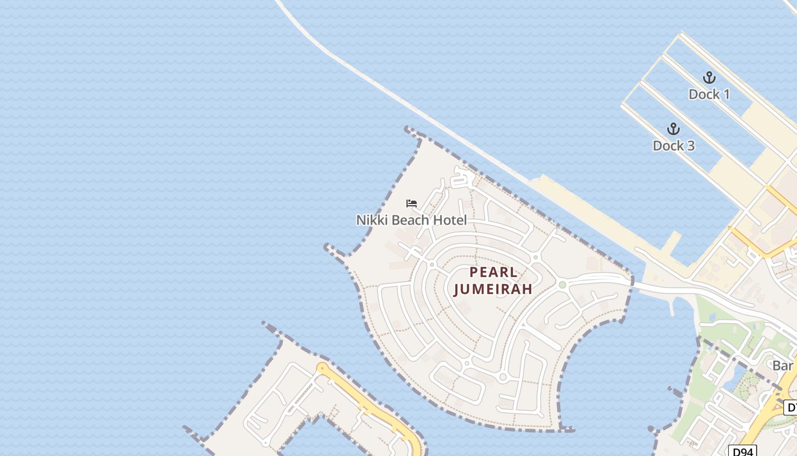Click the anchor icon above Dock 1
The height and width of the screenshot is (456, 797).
click(x=709, y=78)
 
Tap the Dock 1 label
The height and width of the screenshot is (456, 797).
click(x=709, y=94)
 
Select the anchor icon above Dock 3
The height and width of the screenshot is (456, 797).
click(x=673, y=129)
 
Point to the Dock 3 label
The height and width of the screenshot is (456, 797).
click(x=673, y=145)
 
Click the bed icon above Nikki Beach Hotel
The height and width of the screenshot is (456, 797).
click(x=412, y=203)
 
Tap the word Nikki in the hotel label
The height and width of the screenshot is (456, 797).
click(x=369, y=220)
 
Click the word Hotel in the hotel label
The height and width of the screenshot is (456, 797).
click(x=450, y=220)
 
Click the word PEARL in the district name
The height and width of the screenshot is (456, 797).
click(x=494, y=272)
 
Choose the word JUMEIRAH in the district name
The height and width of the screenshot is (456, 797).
click(x=494, y=289)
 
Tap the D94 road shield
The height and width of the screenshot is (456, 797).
click(x=742, y=451)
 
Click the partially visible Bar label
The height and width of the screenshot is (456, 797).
click(x=783, y=365)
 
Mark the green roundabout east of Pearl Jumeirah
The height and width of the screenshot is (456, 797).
click(x=562, y=284)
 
